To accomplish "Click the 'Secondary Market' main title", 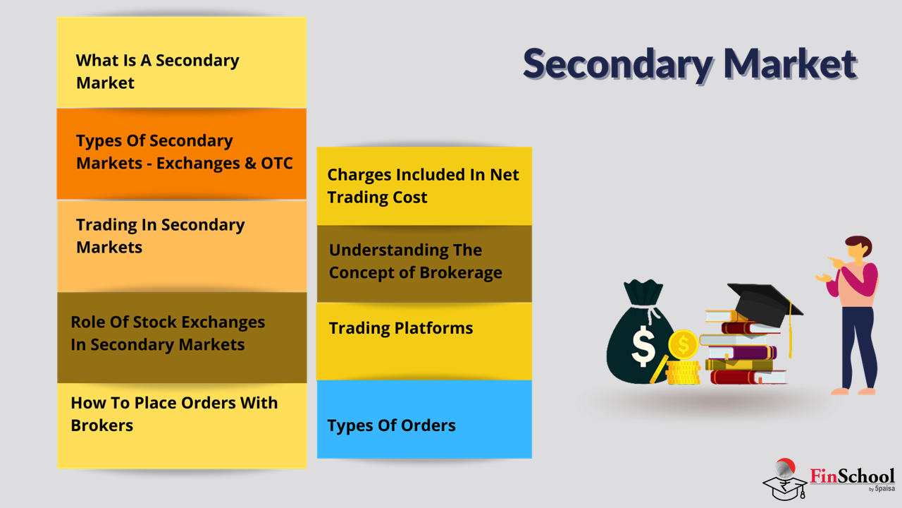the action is (x=690, y=64).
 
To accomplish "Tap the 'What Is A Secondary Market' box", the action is (x=181, y=62).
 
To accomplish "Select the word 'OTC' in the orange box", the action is (x=277, y=163).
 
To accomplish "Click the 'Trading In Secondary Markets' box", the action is (x=182, y=246).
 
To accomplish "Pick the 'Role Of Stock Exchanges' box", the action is (x=182, y=337).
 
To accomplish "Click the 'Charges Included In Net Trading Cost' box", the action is (x=424, y=186).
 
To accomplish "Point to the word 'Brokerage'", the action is (x=461, y=273).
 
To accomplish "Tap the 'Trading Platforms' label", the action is (x=401, y=328).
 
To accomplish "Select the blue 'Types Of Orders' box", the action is (x=424, y=419).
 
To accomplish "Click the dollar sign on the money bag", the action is (x=643, y=346).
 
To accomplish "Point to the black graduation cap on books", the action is (x=765, y=303).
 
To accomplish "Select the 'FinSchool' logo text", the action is (x=852, y=476).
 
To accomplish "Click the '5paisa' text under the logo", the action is (x=884, y=489).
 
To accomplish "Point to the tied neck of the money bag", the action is (x=647, y=308).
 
